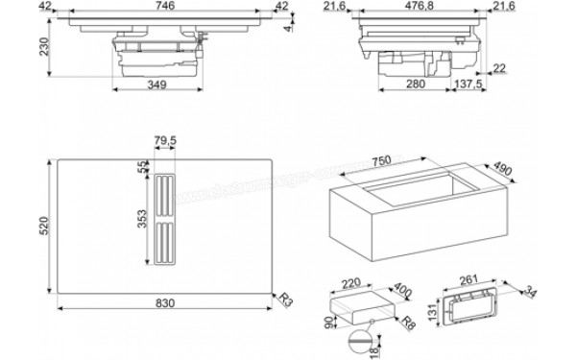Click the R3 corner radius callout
tap(284, 299)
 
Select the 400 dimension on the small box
tap(400, 289)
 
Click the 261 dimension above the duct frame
tap(469, 277)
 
